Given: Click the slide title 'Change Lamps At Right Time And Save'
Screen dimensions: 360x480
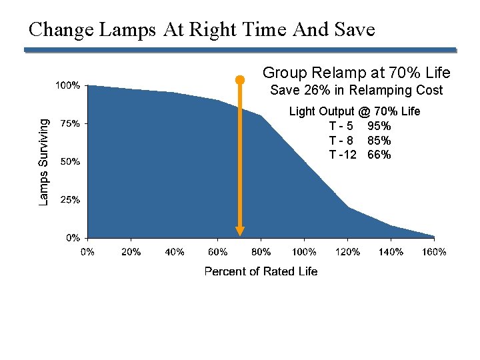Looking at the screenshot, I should tap(202, 29).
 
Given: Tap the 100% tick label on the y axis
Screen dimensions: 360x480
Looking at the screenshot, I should tap(67, 85).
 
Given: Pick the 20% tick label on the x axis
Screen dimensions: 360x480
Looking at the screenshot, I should tap(131, 252).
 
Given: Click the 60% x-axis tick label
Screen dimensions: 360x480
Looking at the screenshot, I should tap(217, 252).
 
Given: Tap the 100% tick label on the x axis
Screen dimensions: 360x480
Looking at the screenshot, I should tap(304, 252).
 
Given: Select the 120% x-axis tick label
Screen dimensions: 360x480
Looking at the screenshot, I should tap(347, 252).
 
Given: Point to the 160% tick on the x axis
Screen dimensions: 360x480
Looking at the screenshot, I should tap(434, 252).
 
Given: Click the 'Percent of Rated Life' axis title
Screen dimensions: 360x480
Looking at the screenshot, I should tap(261, 271).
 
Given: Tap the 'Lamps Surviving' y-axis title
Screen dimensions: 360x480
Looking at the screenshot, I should tap(43, 162).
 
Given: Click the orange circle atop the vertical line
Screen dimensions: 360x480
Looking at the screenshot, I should tap(240, 80).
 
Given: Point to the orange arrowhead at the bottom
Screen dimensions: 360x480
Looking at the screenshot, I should tap(240, 231).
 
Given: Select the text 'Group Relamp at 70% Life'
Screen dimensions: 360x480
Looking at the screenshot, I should tap(356, 73).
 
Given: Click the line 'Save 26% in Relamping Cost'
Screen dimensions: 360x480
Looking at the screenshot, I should tap(356, 91).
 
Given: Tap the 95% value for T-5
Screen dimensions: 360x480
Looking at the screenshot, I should tap(379, 126).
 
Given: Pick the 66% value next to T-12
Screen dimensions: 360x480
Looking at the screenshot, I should tap(379, 155).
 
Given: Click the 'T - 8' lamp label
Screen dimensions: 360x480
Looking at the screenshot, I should tap(341, 141).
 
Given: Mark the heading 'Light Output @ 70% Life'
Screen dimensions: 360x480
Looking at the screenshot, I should tap(354, 111).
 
